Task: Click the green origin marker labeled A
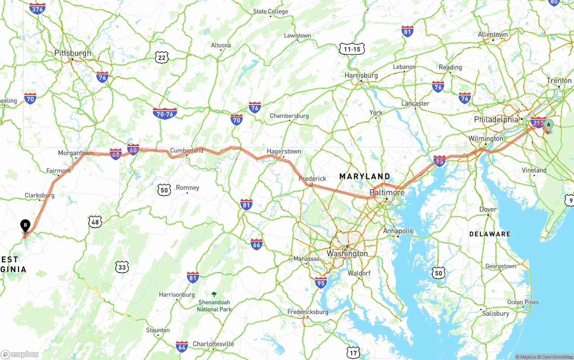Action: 548,126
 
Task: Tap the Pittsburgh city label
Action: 73,53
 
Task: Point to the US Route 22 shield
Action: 162,57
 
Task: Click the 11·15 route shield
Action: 352,49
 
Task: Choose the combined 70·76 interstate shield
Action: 165,113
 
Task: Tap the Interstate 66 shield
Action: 257,244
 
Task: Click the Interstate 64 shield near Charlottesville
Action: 182,346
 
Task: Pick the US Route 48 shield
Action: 95,221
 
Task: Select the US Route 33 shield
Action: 122,268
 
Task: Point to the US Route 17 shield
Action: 353,352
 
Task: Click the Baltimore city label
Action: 387,192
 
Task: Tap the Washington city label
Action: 347,253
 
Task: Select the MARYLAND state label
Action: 365,176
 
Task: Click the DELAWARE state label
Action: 490,234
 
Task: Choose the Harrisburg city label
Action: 361,75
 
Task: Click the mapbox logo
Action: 20,354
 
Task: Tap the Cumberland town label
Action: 187,151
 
